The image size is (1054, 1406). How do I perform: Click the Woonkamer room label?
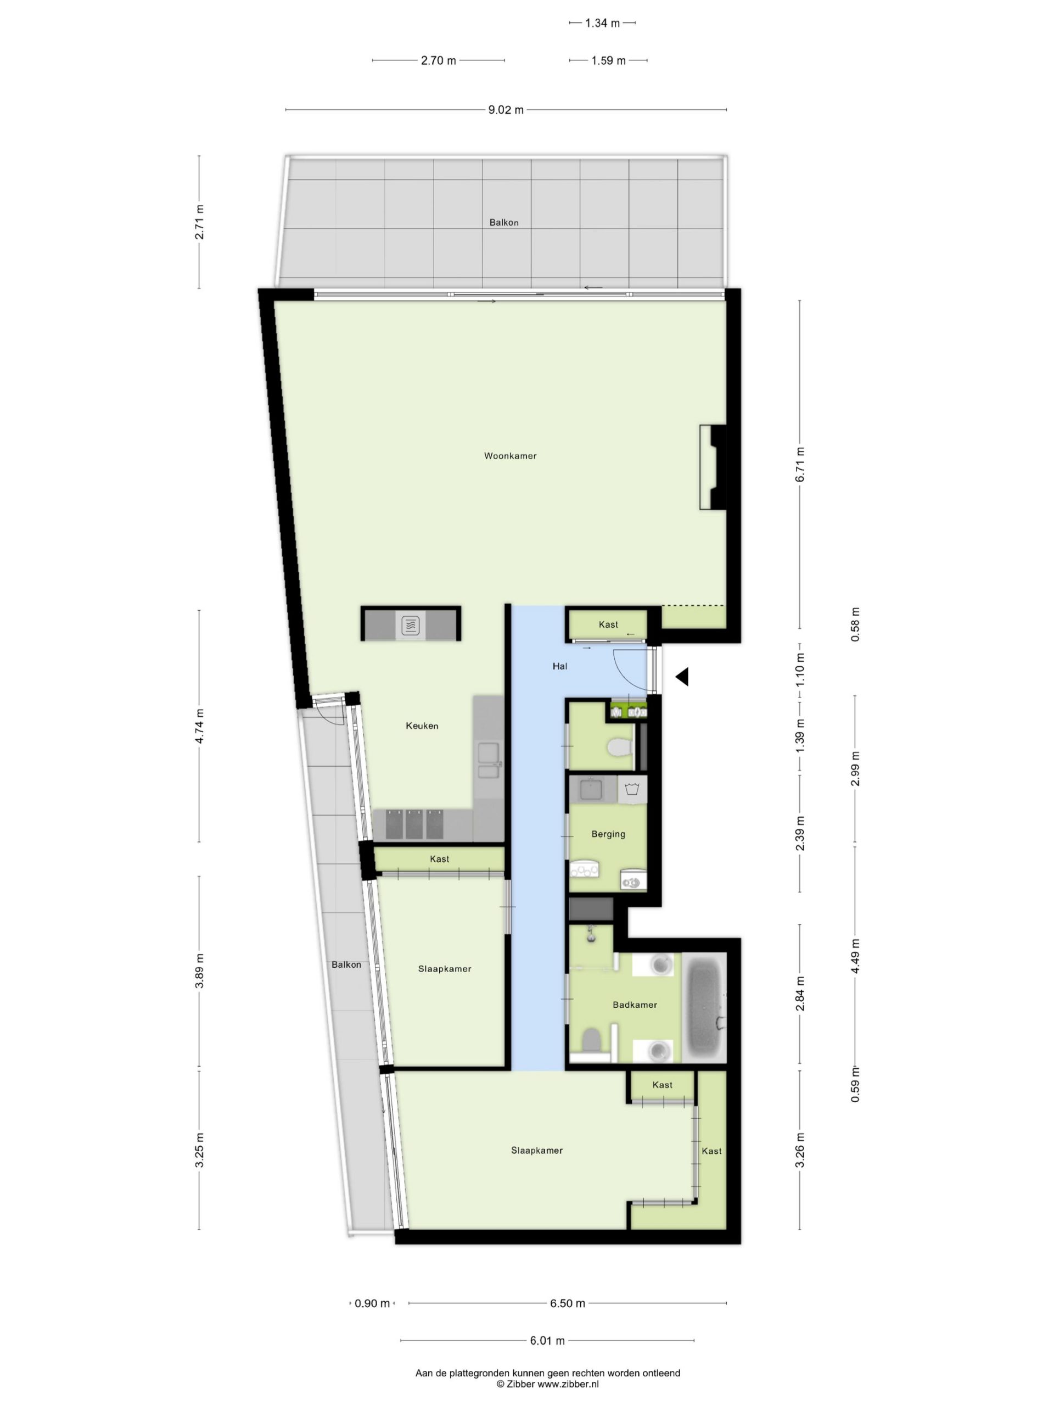510,456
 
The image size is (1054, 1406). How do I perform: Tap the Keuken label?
422,726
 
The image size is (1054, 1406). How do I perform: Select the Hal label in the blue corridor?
560,666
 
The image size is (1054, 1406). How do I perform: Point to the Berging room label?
608,834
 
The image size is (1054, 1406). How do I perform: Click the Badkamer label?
635,1005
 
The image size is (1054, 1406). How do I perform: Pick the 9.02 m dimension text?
506,110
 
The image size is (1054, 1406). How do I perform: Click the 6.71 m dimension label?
800,465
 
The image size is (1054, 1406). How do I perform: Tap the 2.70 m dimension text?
439,61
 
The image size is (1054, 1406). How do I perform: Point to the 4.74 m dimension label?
199,726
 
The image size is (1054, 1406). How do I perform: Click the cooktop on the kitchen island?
411,626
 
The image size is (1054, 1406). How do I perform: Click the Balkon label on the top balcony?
504,222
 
